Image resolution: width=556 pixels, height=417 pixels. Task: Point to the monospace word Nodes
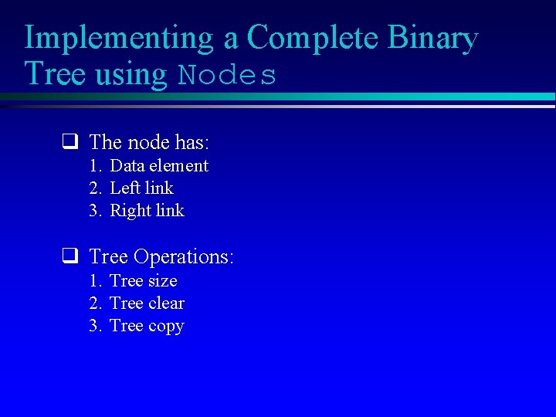tap(227, 76)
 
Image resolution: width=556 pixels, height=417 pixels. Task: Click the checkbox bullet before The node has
tap(69, 142)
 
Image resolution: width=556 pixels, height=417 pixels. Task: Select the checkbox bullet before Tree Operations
tap(69, 256)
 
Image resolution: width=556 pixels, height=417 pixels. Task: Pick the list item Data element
tap(159, 166)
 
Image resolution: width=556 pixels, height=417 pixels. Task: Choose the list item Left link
tap(141, 188)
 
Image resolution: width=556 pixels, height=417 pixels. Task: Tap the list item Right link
tap(147, 211)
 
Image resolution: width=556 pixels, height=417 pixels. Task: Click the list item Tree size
tap(143, 281)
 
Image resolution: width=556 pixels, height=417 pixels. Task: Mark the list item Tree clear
tap(147, 303)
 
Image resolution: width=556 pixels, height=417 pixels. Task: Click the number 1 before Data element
tap(94, 166)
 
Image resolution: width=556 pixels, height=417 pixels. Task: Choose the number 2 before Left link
tap(94, 188)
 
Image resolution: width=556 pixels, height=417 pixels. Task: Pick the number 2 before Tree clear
tap(94, 303)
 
